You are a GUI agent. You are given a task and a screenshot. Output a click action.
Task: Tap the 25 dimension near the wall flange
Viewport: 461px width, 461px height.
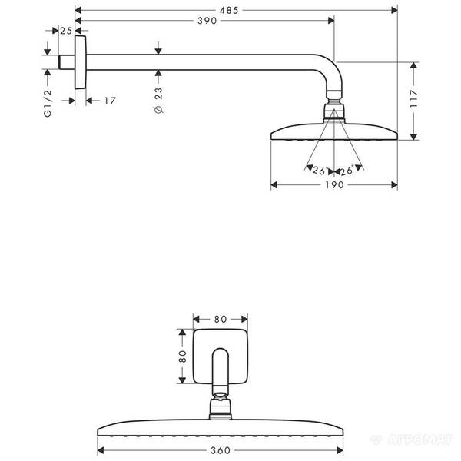click(x=65, y=30)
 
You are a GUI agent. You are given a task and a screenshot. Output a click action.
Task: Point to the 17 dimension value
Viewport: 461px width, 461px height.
click(x=110, y=100)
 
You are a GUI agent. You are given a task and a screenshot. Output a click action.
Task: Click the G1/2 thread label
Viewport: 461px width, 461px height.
click(x=48, y=102)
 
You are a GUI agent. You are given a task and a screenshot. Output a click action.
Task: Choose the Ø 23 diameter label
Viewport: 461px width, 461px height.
click(x=158, y=100)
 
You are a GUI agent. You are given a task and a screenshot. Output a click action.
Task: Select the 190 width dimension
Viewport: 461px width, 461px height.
click(x=333, y=185)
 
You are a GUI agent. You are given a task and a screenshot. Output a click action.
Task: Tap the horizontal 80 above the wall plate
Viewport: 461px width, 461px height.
click(x=220, y=317)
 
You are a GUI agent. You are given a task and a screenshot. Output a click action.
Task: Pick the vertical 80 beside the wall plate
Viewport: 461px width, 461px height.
click(x=182, y=356)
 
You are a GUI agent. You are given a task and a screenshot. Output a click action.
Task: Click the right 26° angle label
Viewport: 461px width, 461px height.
click(x=347, y=171)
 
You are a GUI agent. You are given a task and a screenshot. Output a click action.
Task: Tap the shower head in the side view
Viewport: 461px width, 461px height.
click(x=333, y=131)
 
